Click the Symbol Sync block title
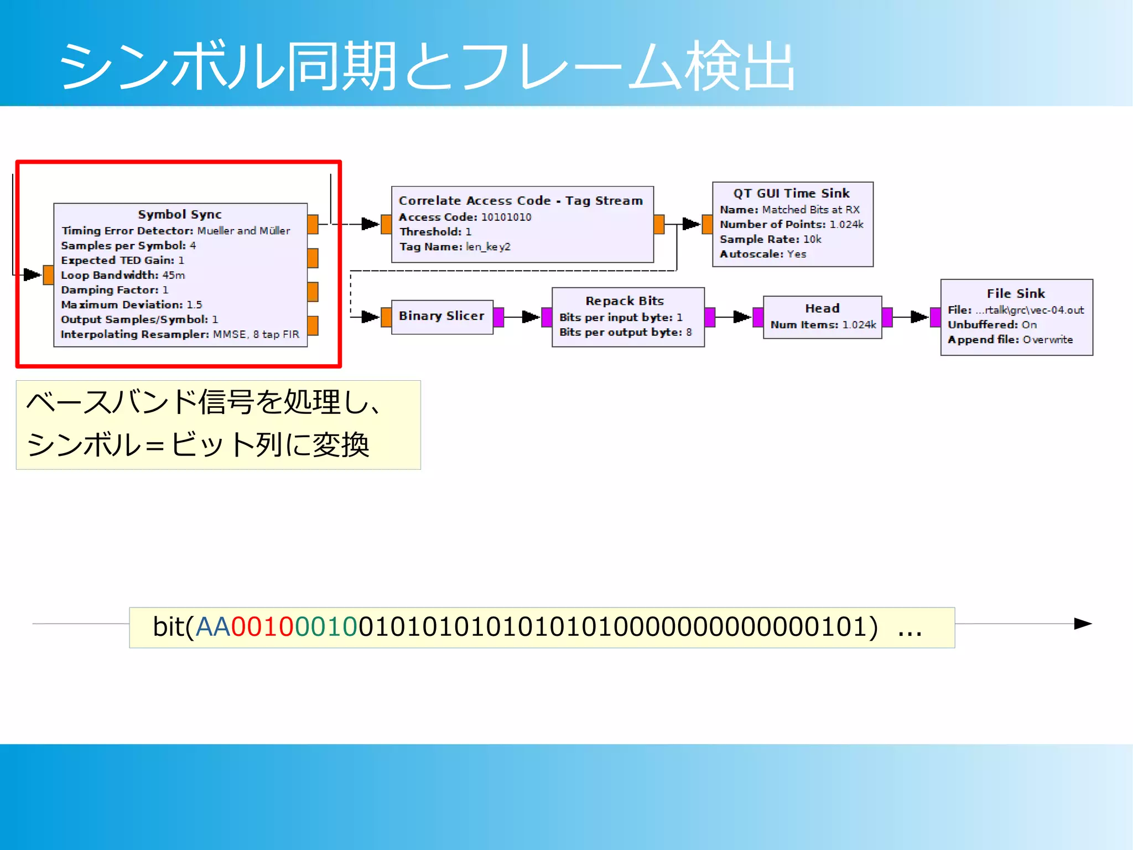(180, 214)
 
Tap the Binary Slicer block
(441, 316)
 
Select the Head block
(822, 317)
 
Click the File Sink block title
(1016, 293)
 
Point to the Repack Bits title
(625, 301)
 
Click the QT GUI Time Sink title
(791, 193)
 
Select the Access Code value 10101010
(506, 217)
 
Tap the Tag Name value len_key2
(488, 247)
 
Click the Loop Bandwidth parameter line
(123, 275)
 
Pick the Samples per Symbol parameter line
(128, 245)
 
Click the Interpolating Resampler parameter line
(180, 334)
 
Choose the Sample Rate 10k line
(770, 239)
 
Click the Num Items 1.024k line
(823, 325)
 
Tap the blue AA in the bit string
(212, 627)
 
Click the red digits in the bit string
(262, 627)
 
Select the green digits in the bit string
(326, 627)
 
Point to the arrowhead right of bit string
(1082, 624)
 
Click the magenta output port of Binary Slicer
(498, 317)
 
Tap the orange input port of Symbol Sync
(48, 274)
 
